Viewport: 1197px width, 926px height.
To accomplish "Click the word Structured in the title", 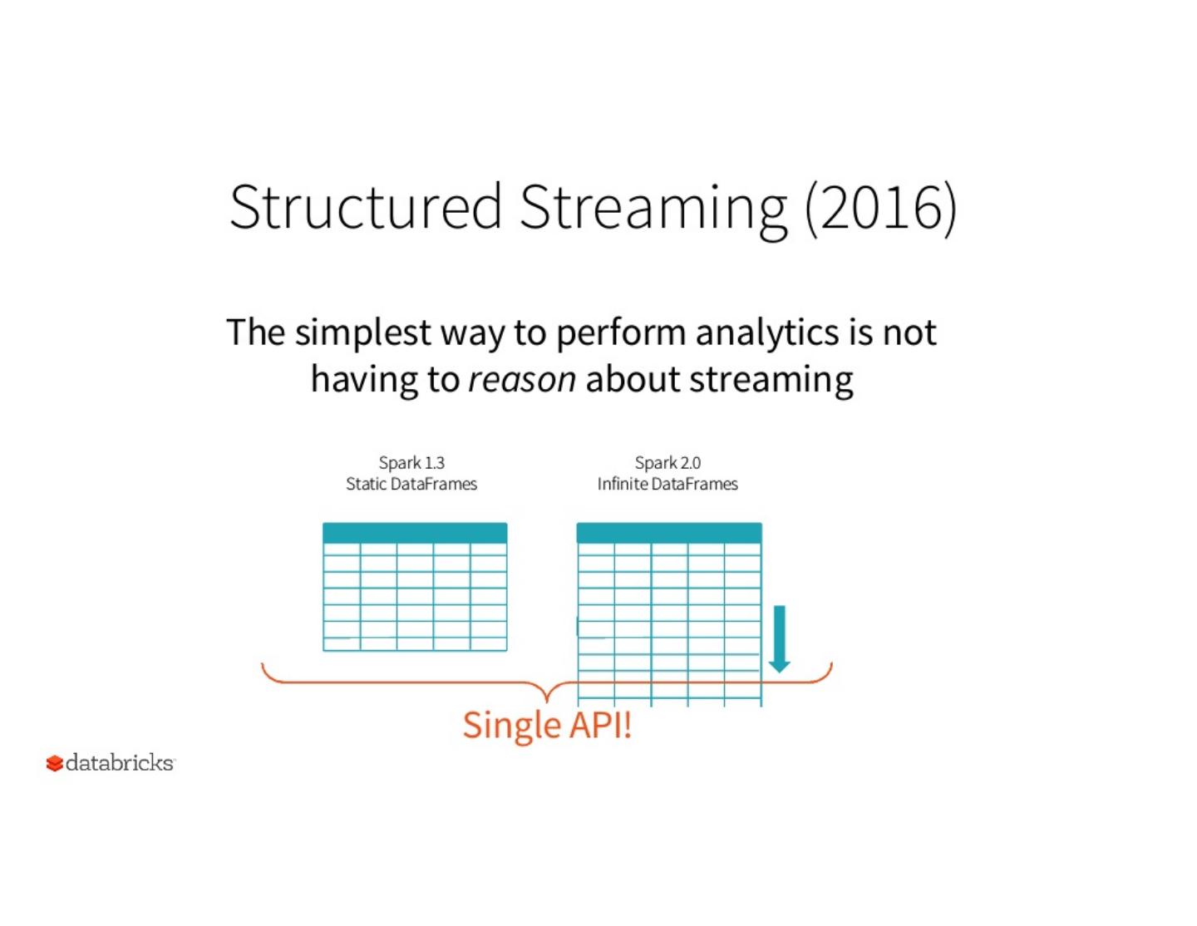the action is [x=365, y=206].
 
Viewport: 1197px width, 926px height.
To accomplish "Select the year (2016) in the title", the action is [x=880, y=207].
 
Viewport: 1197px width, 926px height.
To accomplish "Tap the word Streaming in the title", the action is [x=653, y=208].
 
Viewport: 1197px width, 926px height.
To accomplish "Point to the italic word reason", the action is [x=522, y=379].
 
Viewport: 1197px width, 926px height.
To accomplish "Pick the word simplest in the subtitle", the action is [x=363, y=333].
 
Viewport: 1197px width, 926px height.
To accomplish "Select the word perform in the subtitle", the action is [x=621, y=333].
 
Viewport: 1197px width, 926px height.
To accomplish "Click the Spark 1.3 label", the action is [x=411, y=462].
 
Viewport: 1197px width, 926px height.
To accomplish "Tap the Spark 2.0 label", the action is [x=667, y=462].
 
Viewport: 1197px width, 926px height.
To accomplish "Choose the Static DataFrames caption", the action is [x=411, y=484].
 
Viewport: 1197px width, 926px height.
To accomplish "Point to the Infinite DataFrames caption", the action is [x=667, y=484].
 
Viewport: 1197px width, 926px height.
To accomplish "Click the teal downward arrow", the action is [x=779, y=638].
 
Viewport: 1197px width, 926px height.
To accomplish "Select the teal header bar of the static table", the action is [x=415, y=533].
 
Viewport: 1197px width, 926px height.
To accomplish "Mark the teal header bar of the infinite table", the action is [x=669, y=533].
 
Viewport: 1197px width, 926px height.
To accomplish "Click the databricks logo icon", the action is [x=55, y=763].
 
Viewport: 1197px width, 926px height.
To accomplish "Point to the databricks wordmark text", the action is [x=120, y=762].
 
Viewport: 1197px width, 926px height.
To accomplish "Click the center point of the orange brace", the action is [x=546, y=695].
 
